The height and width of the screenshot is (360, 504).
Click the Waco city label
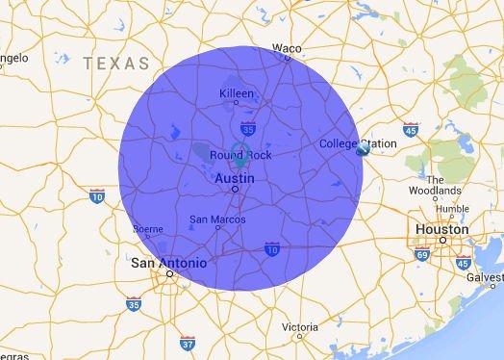click(286, 47)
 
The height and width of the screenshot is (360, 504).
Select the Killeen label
click(237, 92)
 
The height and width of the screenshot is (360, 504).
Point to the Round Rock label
click(241, 155)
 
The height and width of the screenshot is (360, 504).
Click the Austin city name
click(235, 178)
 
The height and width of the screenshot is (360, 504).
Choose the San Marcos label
click(216, 219)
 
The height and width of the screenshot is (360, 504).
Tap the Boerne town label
click(147, 229)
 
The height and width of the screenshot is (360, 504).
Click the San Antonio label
click(168, 262)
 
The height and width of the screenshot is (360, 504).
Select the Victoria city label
click(300, 326)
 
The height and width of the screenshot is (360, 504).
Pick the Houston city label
click(441, 229)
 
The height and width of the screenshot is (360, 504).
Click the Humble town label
click(451, 208)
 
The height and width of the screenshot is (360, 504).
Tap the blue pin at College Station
click(363, 150)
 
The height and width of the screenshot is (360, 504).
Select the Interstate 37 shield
click(187, 342)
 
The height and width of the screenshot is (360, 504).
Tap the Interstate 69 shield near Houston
click(421, 254)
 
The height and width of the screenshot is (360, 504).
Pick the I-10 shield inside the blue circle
click(272, 249)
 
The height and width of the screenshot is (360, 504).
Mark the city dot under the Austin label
click(235, 190)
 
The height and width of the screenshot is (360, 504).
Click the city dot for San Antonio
click(169, 273)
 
